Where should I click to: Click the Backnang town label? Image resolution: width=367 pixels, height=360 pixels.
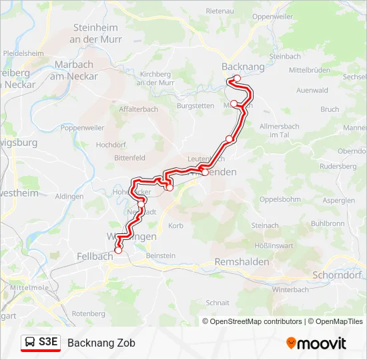[242, 67]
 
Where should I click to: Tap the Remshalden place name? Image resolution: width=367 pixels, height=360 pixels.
[242, 262]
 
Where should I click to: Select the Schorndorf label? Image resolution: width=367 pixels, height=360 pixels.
[336, 275]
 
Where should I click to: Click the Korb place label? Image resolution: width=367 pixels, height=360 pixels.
[175, 227]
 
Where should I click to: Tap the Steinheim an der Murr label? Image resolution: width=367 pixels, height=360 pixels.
[95, 33]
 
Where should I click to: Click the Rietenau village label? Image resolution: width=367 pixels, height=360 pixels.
[220, 11]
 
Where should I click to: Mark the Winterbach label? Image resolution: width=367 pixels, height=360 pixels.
[290, 290]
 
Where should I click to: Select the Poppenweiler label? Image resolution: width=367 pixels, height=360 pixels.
[82, 127]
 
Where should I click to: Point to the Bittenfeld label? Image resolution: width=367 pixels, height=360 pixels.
[130, 158]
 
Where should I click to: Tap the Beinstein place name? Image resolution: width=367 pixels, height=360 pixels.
[160, 255]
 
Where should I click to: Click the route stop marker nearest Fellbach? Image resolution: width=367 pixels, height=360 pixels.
[119, 251]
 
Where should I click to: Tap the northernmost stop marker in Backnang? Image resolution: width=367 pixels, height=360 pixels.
[237, 79]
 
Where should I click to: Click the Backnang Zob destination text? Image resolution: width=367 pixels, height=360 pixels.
[101, 343]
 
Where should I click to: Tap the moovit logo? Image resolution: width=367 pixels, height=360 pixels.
[316, 343]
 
